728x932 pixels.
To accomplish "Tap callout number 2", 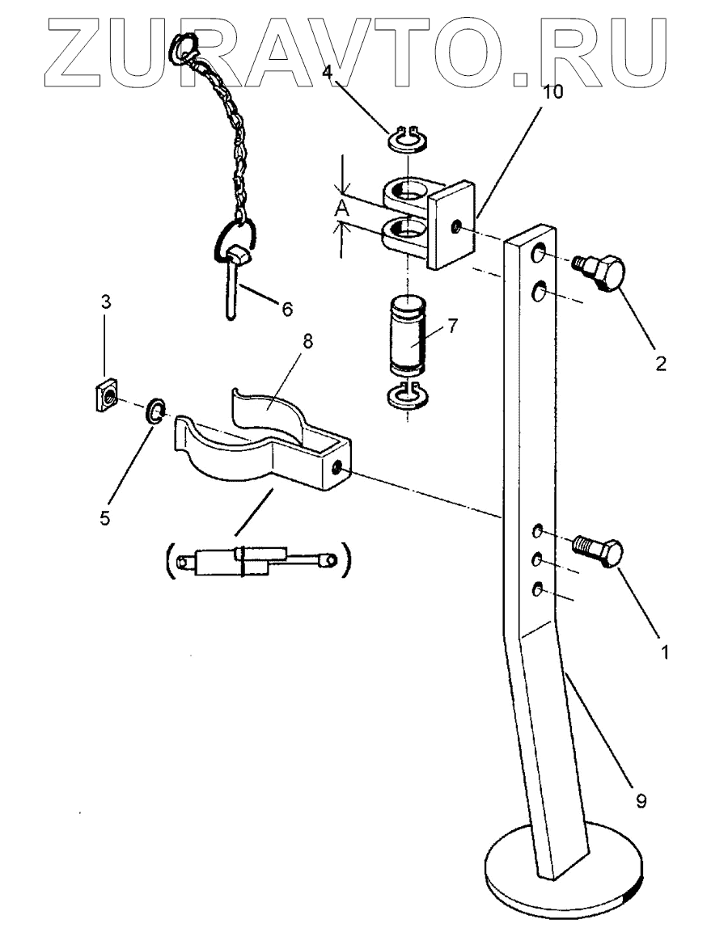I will [661, 363].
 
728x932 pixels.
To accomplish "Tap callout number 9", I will [641, 802].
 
